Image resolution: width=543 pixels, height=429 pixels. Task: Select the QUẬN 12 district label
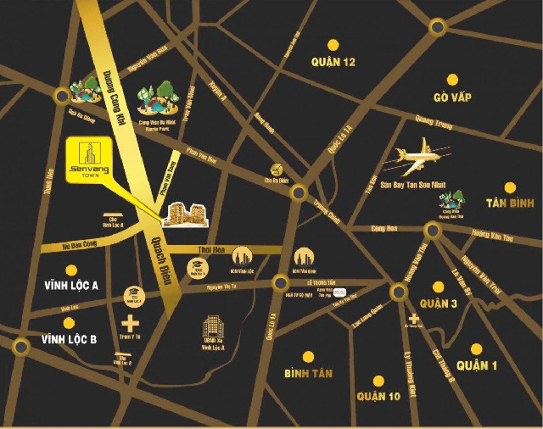332,62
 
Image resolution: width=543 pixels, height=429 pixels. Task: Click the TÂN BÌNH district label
508,203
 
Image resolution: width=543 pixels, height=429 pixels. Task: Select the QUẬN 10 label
378,396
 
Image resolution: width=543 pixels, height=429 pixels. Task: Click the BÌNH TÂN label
309,373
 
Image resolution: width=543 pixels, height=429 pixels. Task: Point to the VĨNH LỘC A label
71,286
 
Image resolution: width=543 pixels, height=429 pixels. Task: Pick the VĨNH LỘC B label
70,339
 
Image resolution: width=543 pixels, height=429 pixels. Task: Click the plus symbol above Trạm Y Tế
130,323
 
